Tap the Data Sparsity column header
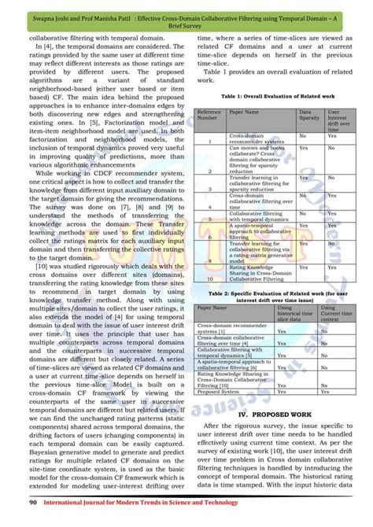click(x=306, y=116)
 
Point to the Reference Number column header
click(x=210, y=116)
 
